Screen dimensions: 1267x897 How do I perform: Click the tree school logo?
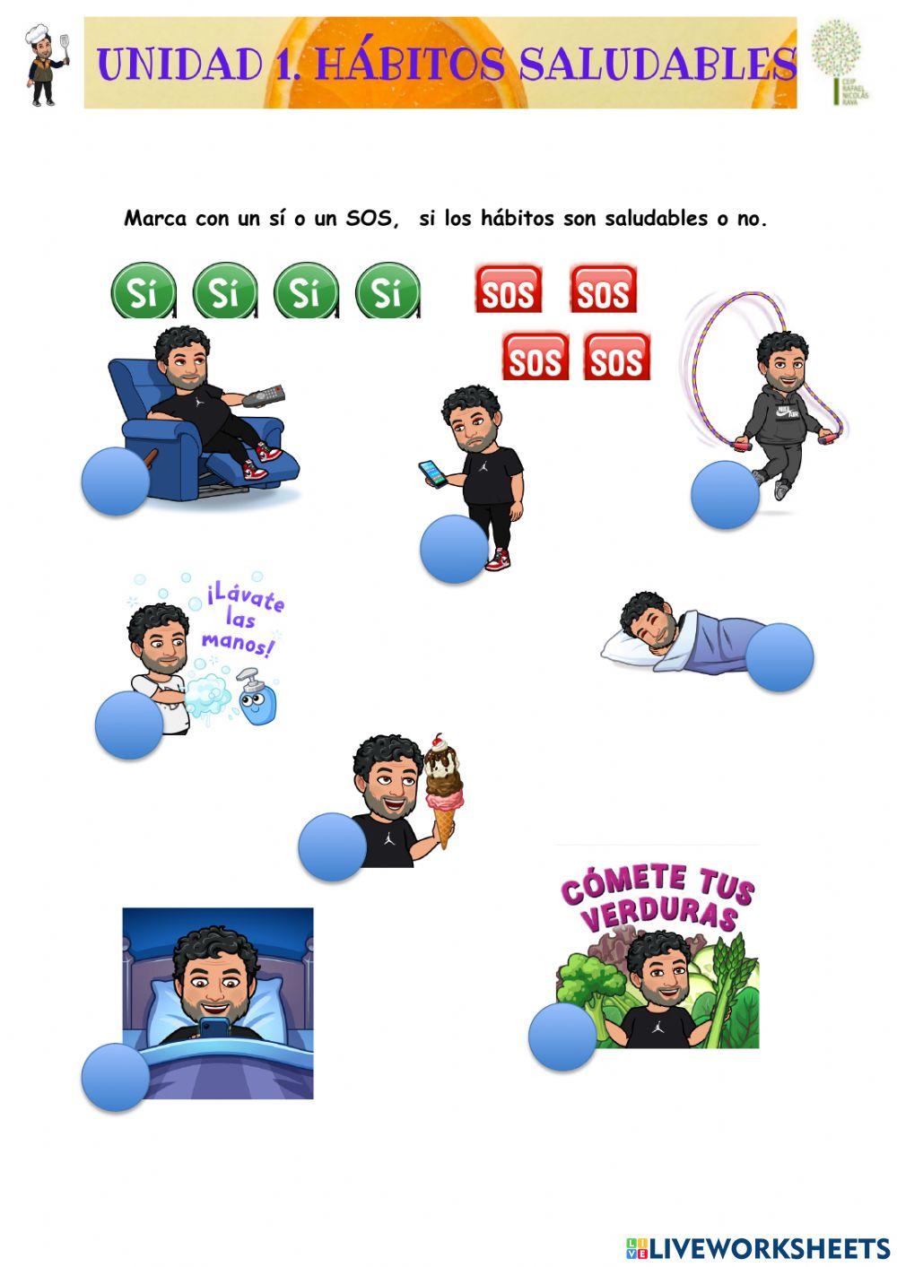tap(838, 62)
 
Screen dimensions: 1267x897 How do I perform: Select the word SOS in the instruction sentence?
tap(370, 219)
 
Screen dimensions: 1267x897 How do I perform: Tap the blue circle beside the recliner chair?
tap(115, 482)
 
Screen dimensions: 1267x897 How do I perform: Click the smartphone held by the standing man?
tap(432, 473)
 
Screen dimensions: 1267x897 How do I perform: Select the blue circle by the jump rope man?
tap(725, 495)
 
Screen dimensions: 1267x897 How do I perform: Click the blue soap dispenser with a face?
tap(257, 698)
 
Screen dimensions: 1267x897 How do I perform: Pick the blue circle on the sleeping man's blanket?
tap(779, 657)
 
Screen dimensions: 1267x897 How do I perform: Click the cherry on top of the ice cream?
tap(438, 742)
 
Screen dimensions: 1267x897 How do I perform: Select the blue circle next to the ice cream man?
tap(332, 846)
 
